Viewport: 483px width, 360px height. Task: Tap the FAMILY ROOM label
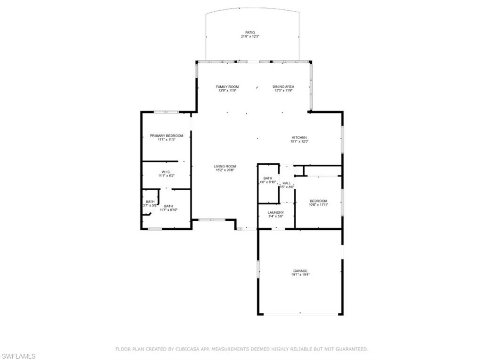227,87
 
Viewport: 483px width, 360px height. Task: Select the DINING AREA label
283,87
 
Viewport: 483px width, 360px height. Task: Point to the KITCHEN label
299,137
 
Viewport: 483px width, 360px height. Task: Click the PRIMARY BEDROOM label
167,136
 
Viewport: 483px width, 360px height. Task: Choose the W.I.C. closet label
166,172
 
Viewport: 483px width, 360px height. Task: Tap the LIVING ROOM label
225,166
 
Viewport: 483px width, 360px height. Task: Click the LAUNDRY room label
275,213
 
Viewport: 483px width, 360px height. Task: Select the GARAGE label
300,270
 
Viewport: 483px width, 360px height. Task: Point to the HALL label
286,183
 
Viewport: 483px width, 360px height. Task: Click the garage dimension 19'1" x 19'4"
300,274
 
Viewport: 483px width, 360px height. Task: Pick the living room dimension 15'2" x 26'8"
225,170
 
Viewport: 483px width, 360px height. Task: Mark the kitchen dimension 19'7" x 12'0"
299,141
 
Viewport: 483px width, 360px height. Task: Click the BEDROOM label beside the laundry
318,201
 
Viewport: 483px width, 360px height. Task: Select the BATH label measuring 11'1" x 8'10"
168,206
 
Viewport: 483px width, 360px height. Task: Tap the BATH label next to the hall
267,178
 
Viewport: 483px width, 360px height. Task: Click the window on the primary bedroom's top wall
166,112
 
